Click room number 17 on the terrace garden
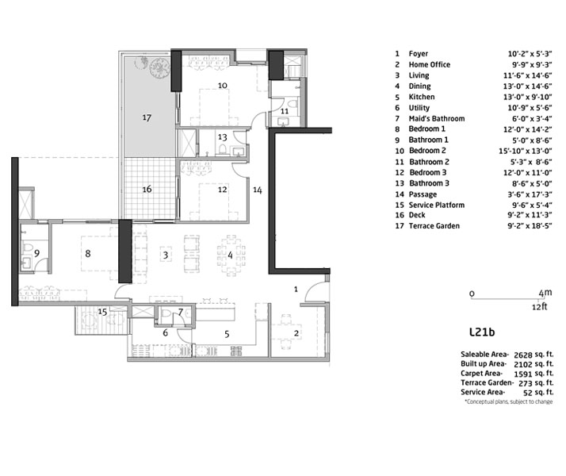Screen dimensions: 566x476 pyautogui.click(x=147, y=117)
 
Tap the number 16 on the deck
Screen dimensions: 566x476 pyautogui.click(x=147, y=189)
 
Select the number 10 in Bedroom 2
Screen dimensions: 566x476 pyautogui.click(x=222, y=85)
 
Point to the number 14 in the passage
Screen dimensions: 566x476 pyautogui.click(x=258, y=190)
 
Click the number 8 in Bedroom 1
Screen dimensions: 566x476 pyautogui.click(x=88, y=254)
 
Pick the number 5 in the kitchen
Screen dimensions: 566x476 pyautogui.click(x=227, y=334)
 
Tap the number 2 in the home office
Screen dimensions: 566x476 pyautogui.click(x=296, y=333)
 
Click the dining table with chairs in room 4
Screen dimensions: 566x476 pyautogui.click(x=231, y=255)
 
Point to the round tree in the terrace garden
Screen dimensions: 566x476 pyautogui.click(x=159, y=67)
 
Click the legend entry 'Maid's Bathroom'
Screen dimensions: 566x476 pyautogui.click(x=437, y=118)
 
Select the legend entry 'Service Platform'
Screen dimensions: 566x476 pyautogui.click(x=437, y=205)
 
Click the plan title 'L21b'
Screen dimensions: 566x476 pyautogui.click(x=482, y=332)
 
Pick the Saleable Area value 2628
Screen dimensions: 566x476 pyautogui.click(x=523, y=355)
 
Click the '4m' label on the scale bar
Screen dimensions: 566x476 pyautogui.click(x=545, y=293)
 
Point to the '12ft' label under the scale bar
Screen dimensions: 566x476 pyautogui.click(x=540, y=306)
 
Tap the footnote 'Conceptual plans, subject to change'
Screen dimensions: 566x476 pyautogui.click(x=509, y=401)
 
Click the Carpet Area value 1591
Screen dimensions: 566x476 pyautogui.click(x=523, y=374)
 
